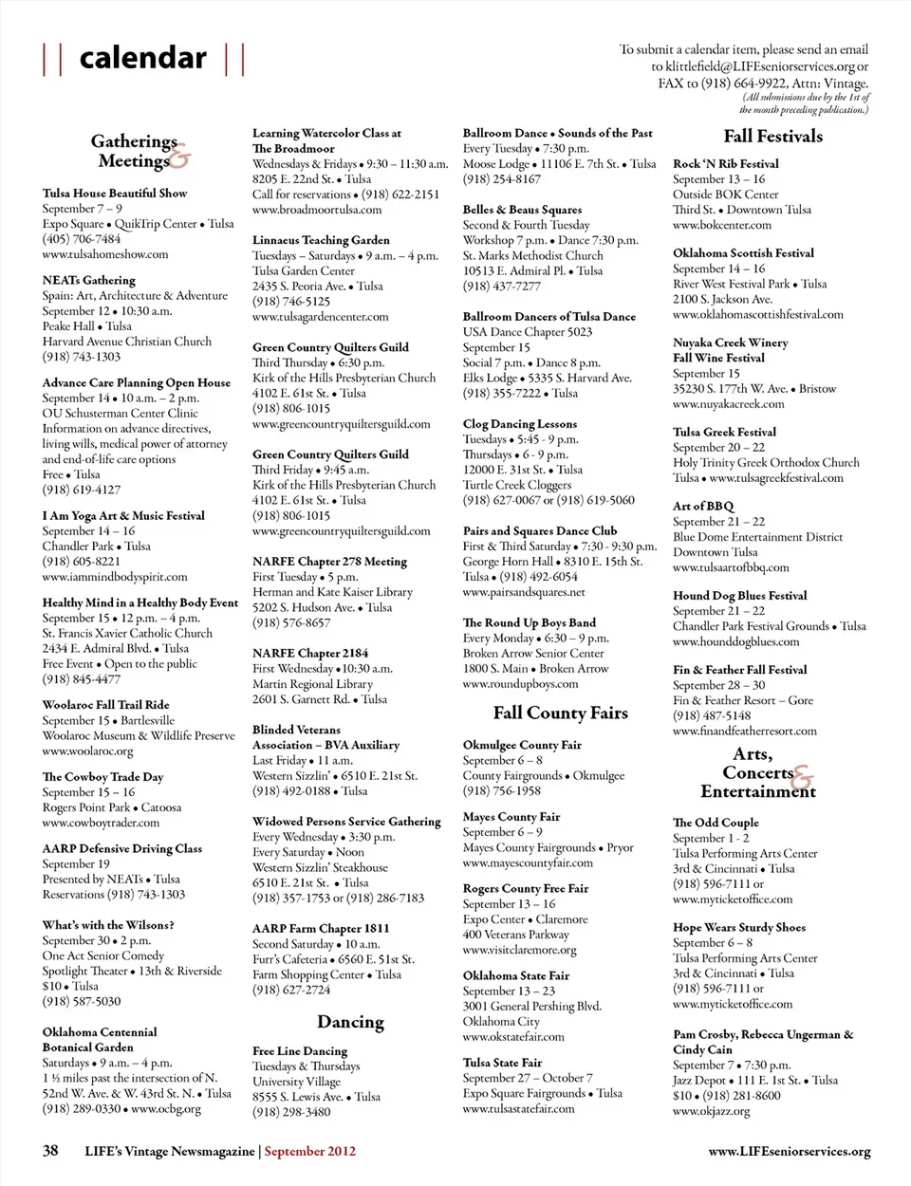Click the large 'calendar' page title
coord(143,58)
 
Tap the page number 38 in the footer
coord(50,1150)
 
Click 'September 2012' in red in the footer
coord(309,1151)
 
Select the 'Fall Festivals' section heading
coord(772,137)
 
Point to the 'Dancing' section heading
coord(350,1022)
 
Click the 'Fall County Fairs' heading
coord(560,713)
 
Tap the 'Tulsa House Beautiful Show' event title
coord(115,193)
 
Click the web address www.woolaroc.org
coord(87,751)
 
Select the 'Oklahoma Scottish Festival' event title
coord(743,253)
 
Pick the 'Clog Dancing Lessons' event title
coord(519,424)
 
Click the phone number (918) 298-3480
coord(291,1111)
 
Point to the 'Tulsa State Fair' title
coord(502,1063)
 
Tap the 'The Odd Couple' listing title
coord(716,823)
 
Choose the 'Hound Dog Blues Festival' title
coord(739,596)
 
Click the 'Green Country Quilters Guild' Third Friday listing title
coord(330,454)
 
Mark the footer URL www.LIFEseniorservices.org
coord(789,1151)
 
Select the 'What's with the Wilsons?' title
coord(108,925)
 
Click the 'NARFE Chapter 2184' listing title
coord(310,653)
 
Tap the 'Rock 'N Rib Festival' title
coord(725,164)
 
